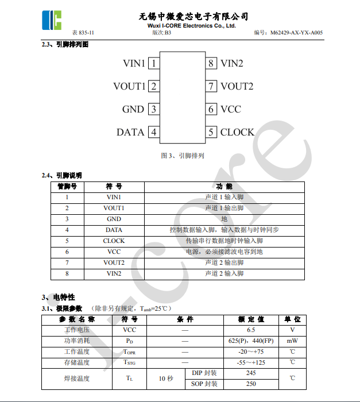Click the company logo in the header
(51, 20)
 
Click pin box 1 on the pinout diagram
(154, 63)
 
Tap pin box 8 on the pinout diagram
(211, 63)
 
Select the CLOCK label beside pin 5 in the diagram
(237, 132)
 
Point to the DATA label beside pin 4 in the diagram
(130, 132)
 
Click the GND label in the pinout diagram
(133, 109)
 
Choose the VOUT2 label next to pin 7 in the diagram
(237, 86)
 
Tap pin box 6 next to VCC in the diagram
(211, 109)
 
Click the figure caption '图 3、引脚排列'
(183, 156)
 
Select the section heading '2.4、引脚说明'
(61, 175)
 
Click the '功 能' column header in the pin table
(224, 186)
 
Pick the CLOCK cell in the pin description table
(114, 241)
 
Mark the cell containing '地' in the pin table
(224, 219)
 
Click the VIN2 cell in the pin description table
(114, 273)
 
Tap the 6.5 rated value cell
(251, 330)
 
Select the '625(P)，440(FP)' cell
(251, 341)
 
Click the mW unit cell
(292, 341)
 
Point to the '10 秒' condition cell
(166, 378)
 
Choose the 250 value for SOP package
(251, 384)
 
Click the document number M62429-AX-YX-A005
(296, 33)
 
